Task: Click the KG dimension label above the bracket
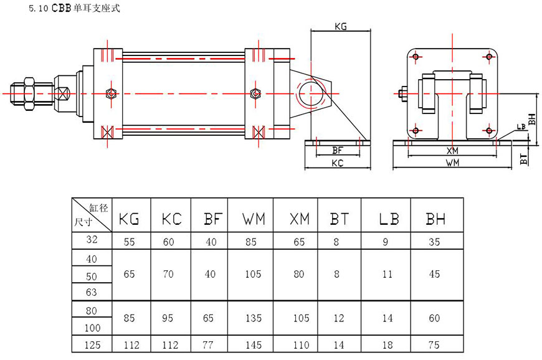coord(341,27)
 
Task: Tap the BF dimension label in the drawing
coord(338,150)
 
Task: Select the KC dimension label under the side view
coord(338,163)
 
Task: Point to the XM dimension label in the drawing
coord(452,151)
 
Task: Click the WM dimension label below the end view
coord(452,163)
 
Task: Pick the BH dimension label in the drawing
coord(531,118)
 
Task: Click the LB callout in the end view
coord(520,127)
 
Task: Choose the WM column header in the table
coord(254,219)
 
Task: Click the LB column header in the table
coord(388,219)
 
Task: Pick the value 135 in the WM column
coord(254,318)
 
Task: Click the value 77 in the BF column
coord(209,344)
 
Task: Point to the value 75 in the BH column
coord(434,344)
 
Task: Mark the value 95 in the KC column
coord(169,318)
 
